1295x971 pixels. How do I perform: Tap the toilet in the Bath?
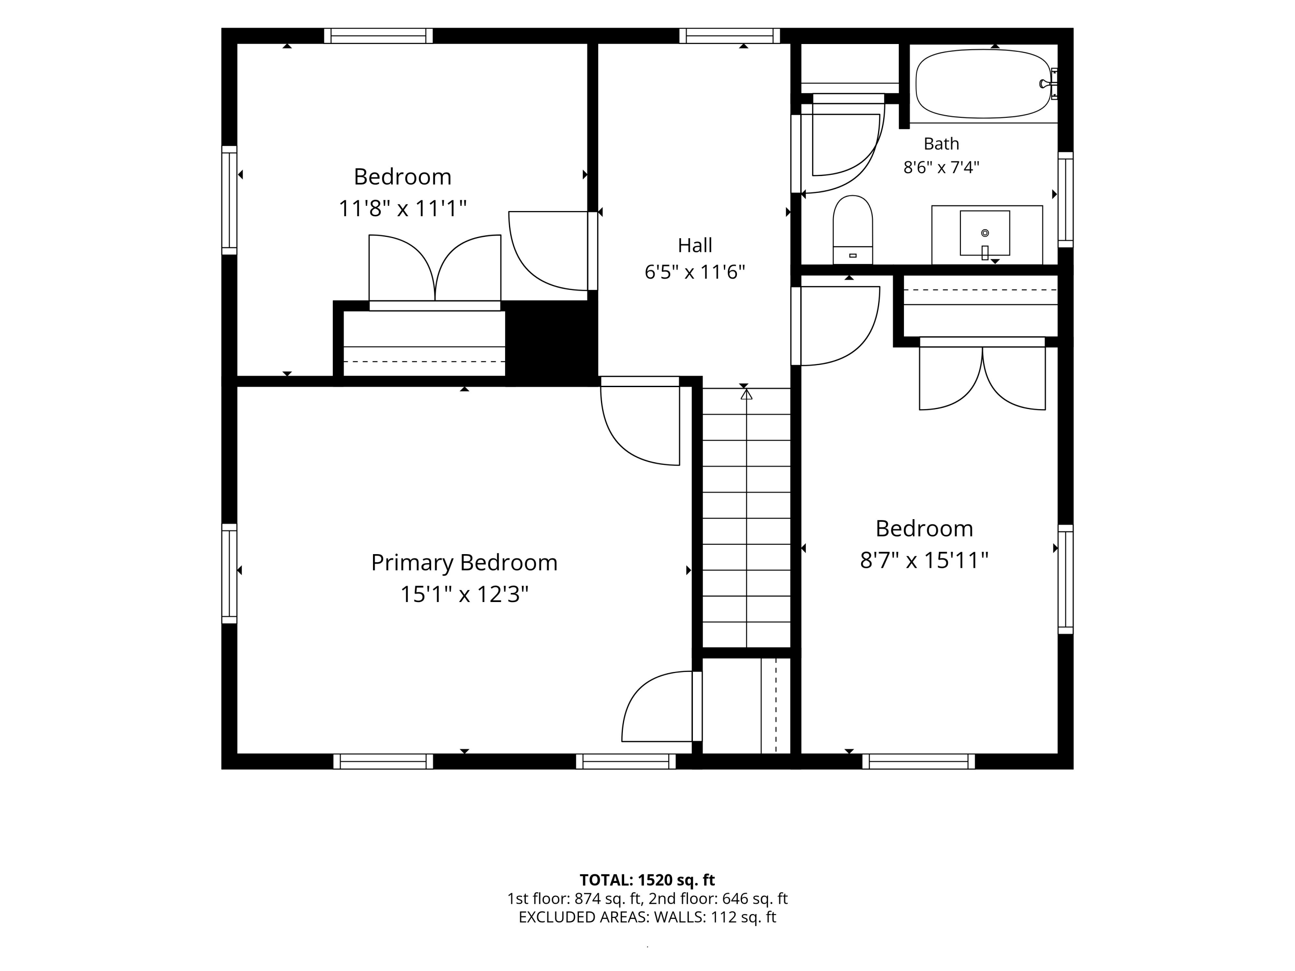tap(853, 230)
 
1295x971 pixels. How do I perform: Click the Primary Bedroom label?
tap(464, 563)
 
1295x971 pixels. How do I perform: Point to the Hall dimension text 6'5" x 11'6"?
tap(695, 272)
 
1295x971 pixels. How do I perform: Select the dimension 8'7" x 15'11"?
tap(924, 561)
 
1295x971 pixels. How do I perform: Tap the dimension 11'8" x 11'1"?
tap(403, 208)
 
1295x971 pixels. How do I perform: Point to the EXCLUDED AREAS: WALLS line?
tap(647, 917)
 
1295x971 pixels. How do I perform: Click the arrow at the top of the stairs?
tap(746, 395)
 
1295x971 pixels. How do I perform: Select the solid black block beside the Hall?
tap(552, 344)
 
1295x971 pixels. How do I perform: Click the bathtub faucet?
tap(1049, 84)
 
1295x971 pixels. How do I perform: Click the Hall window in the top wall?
tap(730, 36)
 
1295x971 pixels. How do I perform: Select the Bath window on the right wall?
tap(1065, 199)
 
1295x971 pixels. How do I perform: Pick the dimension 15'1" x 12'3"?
tap(464, 595)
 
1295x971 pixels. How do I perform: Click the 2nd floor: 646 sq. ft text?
tap(718, 898)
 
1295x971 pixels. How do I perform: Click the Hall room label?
tap(695, 245)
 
